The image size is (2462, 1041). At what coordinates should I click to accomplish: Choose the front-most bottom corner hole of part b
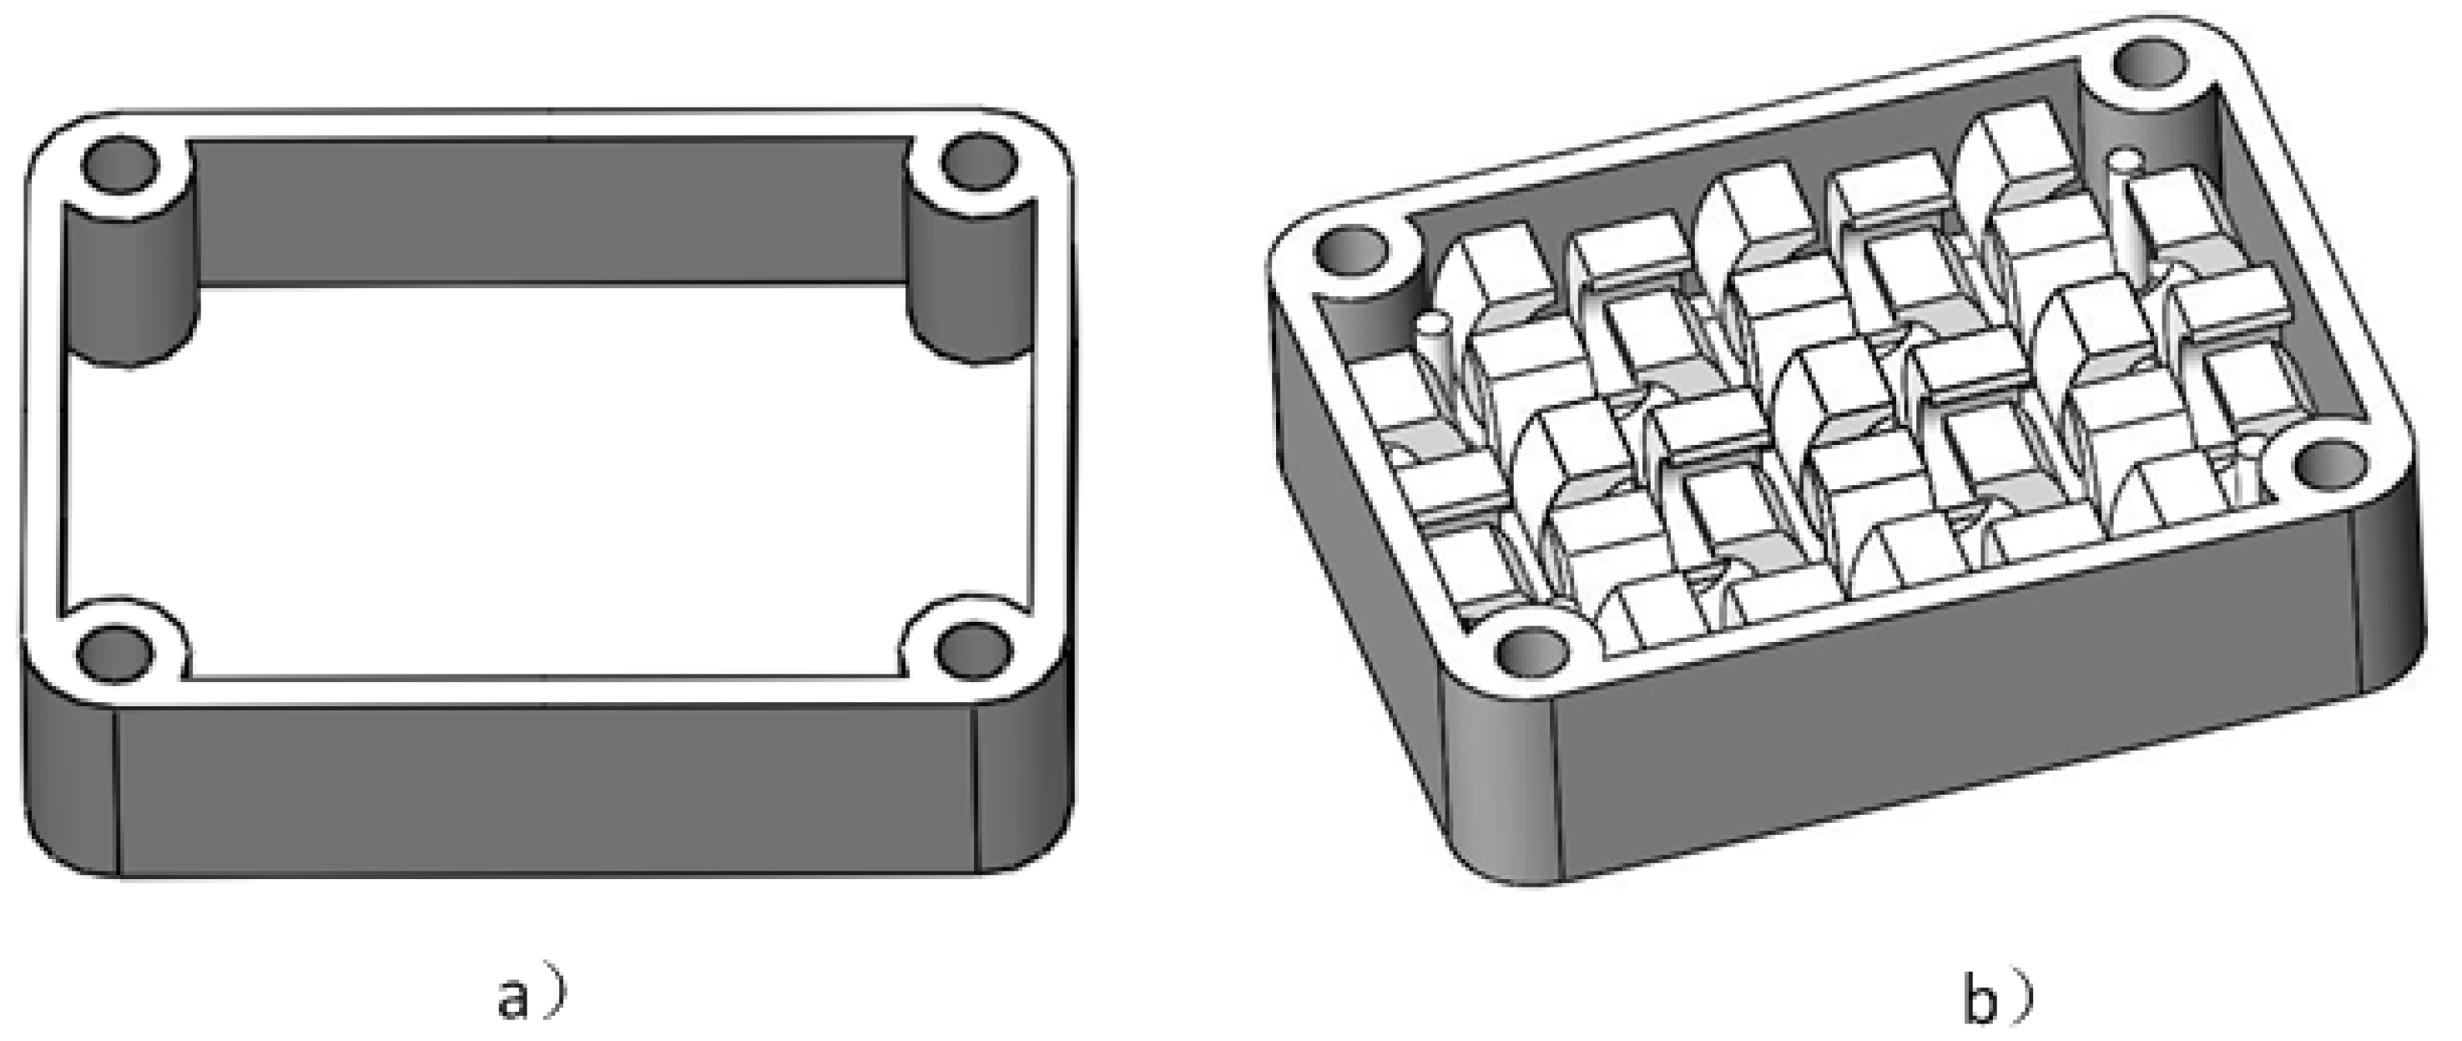1533,654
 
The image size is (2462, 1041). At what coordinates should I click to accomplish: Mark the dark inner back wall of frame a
549,210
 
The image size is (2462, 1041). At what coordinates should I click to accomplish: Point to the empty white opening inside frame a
545,478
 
